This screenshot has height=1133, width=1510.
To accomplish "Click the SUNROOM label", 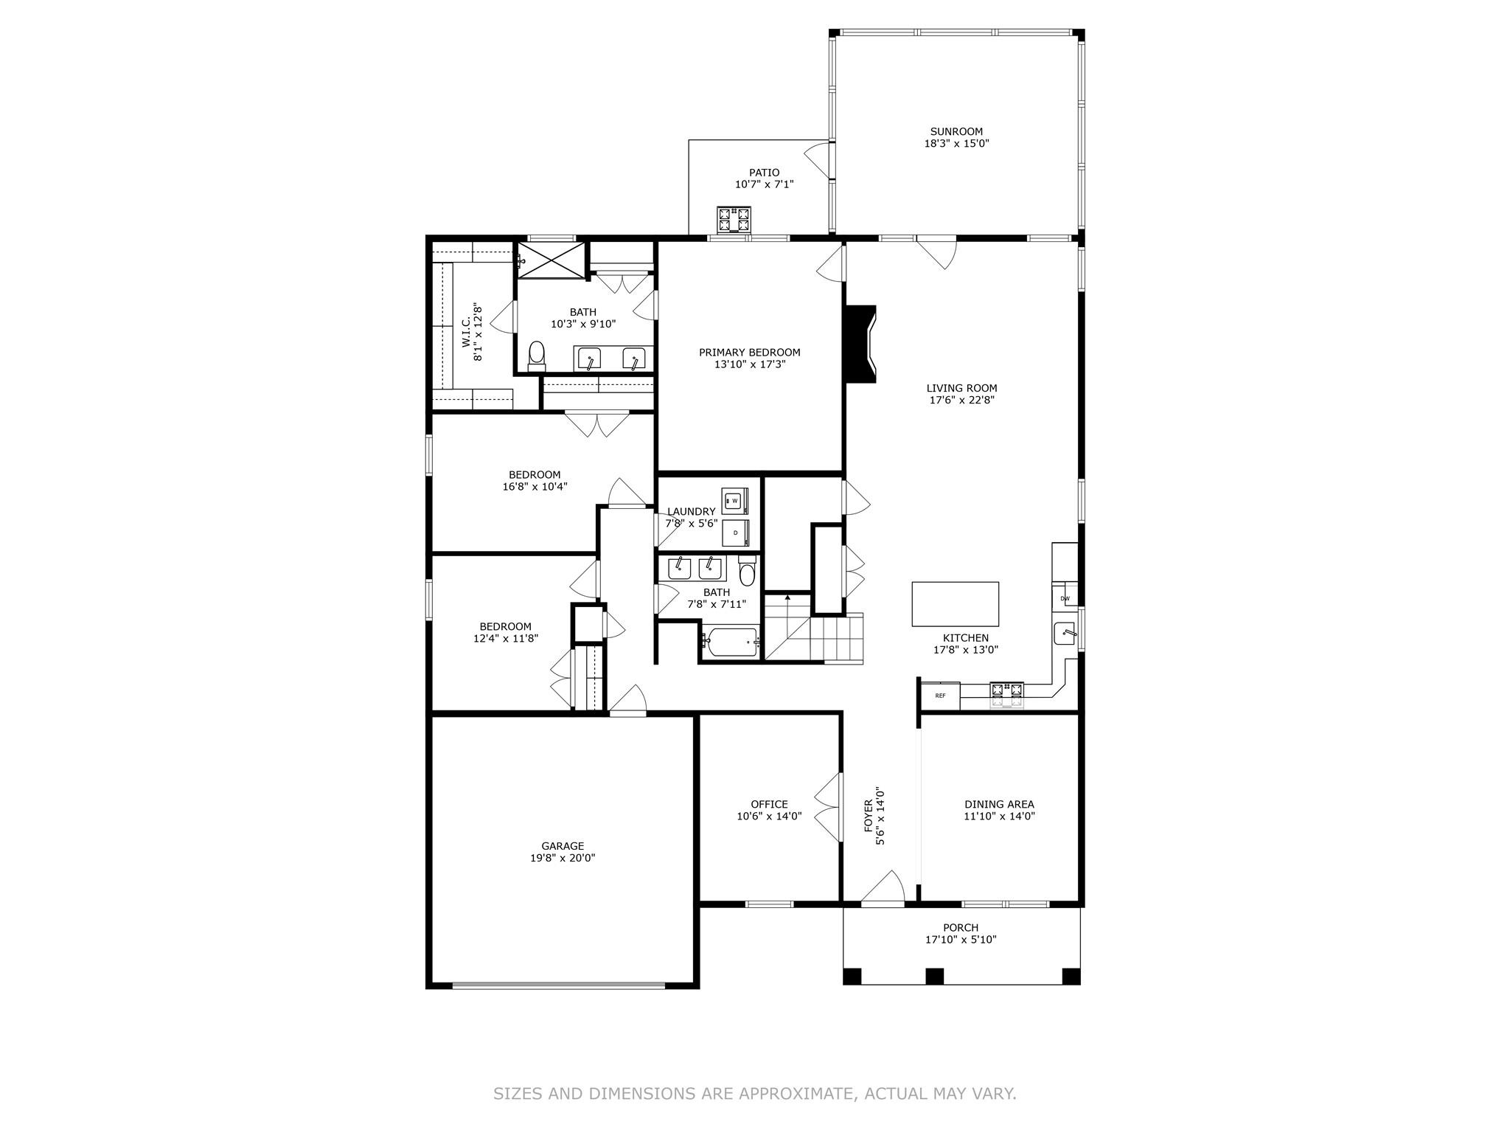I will pyautogui.click(x=956, y=132).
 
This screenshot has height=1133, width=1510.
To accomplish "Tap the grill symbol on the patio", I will pyautogui.click(x=734, y=219).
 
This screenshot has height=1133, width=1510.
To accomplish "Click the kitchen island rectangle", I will pyautogui.click(x=955, y=603).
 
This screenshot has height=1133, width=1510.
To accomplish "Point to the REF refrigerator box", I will pyautogui.click(x=940, y=696).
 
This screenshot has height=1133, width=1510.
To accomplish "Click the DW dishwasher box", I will pyautogui.click(x=1065, y=598).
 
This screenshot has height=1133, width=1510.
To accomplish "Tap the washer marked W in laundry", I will pyautogui.click(x=734, y=501).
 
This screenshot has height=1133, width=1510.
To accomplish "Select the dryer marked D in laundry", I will pyautogui.click(x=735, y=532).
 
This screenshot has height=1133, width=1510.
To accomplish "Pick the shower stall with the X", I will pyautogui.click(x=551, y=259).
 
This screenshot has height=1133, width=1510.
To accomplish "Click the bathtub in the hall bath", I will pyautogui.click(x=730, y=643).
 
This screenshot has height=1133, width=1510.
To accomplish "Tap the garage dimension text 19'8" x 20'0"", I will pyautogui.click(x=563, y=858).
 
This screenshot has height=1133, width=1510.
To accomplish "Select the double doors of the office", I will pyautogui.click(x=829, y=808).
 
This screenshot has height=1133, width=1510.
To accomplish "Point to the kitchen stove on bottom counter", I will pyautogui.click(x=1006, y=693).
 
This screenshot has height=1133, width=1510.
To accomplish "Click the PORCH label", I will pyautogui.click(x=961, y=927).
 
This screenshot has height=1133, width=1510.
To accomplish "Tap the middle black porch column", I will pyautogui.click(x=934, y=976).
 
